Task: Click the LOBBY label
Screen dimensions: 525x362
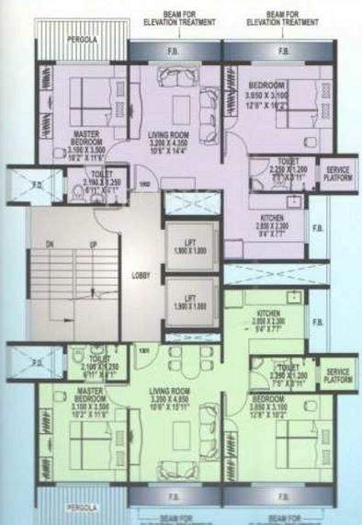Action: click(141, 275)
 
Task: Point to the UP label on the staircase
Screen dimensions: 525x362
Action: click(92, 245)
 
